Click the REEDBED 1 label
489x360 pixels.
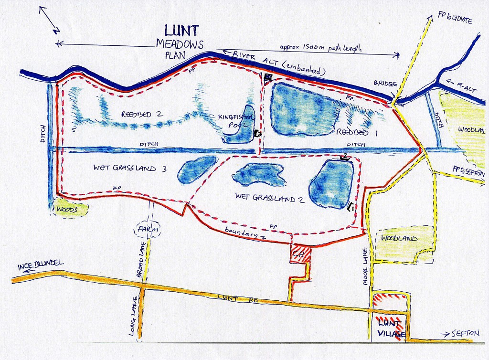356,132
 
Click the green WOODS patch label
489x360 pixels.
70,209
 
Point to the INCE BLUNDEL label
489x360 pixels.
41,265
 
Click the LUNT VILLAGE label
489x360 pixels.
391,329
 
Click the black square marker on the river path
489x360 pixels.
268,76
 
